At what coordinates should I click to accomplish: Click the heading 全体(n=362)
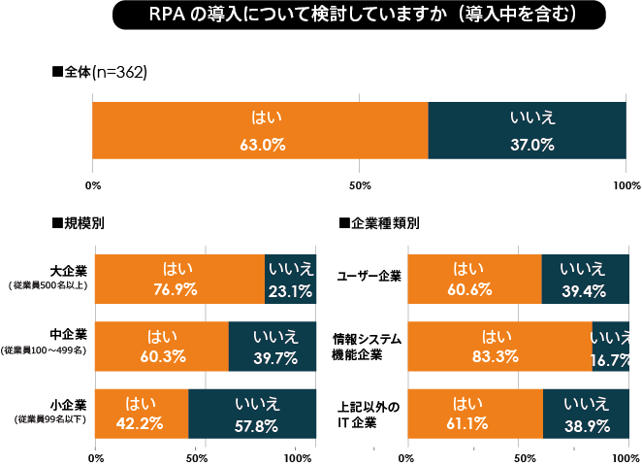100,73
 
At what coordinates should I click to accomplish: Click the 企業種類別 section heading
379,222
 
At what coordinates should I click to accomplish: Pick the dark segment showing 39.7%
273,347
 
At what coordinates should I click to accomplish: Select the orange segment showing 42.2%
142,415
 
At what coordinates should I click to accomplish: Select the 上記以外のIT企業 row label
369,415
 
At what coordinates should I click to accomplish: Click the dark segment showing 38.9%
586,415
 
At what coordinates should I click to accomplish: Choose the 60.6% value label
475,289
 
